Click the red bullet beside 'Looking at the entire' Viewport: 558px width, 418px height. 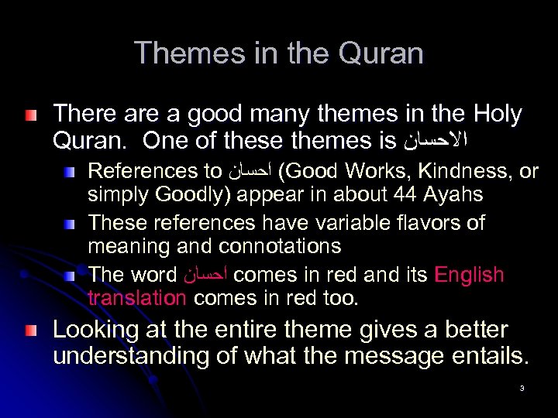click(x=29, y=331)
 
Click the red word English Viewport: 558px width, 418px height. click(x=470, y=275)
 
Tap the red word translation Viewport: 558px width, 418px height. click(x=136, y=298)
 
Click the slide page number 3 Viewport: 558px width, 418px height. click(x=522, y=388)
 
